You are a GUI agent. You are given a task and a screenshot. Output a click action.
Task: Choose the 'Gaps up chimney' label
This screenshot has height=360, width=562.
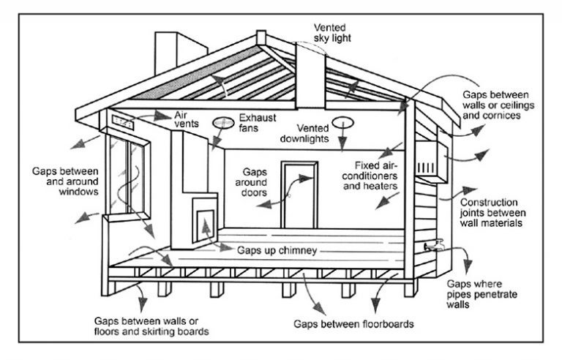[277, 250]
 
